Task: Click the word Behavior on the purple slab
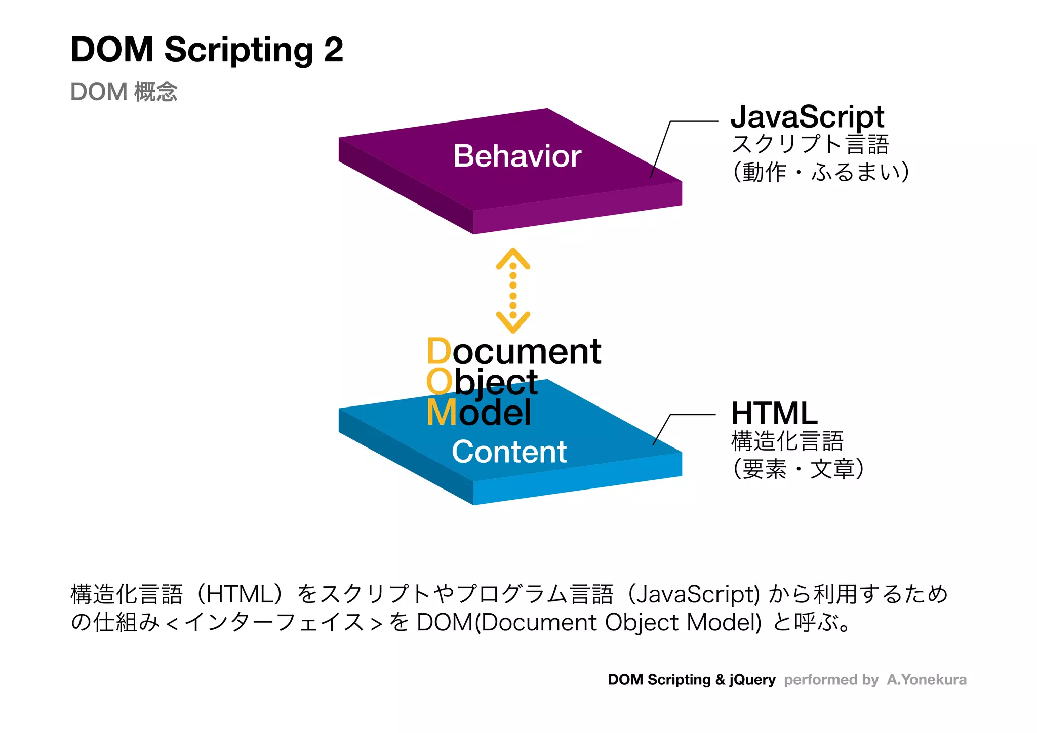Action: click(517, 156)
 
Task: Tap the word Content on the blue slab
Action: click(509, 452)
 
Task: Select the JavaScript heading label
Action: click(807, 116)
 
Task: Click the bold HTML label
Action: click(774, 413)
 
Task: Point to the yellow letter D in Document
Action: click(438, 351)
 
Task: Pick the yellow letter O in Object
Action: click(439, 382)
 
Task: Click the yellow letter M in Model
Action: click(442, 413)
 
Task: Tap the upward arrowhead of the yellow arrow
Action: click(513, 257)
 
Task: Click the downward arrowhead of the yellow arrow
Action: click(513, 323)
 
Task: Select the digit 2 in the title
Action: click(333, 50)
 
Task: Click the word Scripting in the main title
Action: click(238, 51)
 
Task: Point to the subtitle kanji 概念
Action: click(156, 92)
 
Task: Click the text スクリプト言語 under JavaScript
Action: click(810, 144)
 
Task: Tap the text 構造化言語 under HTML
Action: click(787, 441)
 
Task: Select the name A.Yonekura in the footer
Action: click(926, 679)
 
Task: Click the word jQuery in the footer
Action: click(752, 680)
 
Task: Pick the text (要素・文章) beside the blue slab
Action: click(798, 469)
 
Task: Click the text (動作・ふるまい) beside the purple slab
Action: click(821, 172)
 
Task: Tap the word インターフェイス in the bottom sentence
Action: click(274, 622)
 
